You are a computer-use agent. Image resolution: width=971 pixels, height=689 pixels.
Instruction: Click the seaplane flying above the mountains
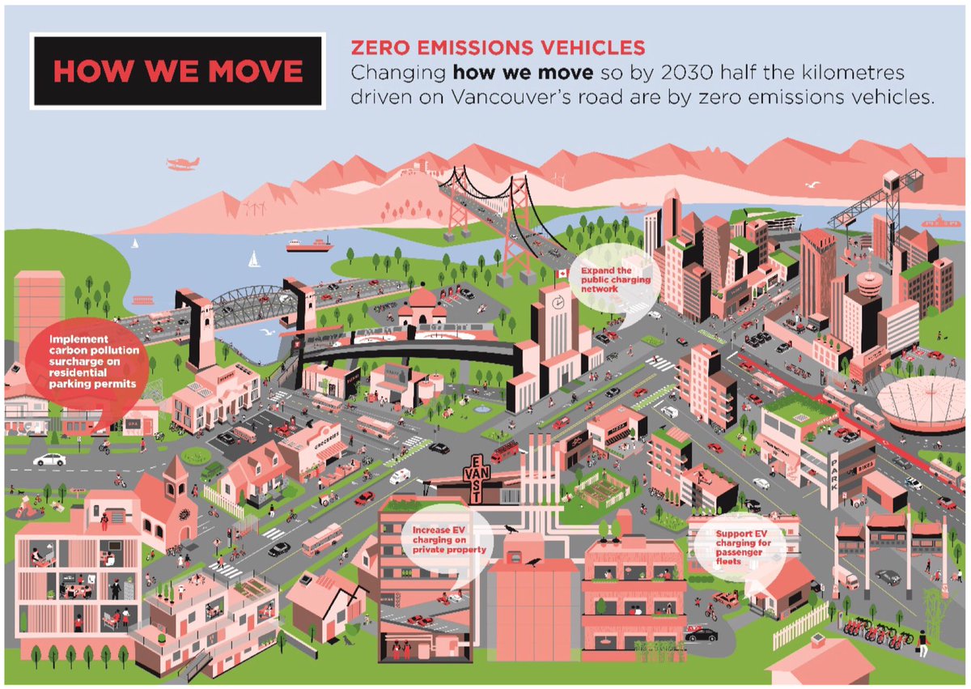[x=182, y=164]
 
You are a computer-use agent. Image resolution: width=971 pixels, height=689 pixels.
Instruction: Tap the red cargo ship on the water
[x=309, y=245]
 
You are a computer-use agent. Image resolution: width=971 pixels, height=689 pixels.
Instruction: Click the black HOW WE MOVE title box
[x=177, y=70]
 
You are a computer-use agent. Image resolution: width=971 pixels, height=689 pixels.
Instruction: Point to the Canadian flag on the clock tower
[x=562, y=274]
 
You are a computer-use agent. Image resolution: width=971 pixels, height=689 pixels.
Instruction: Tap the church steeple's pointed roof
[x=172, y=468]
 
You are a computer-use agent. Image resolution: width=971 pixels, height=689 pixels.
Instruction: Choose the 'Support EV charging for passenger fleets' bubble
[x=736, y=546]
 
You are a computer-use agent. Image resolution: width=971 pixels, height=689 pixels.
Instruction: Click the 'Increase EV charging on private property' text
[x=447, y=538]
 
